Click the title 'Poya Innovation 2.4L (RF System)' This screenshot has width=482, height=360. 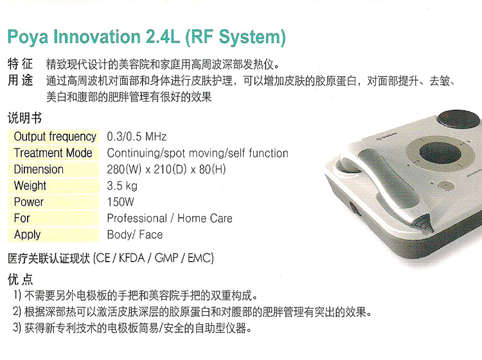click(x=147, y=37)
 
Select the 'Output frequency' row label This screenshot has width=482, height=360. click(x=55, y=136)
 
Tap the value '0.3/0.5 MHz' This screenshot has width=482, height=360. click(x=136, y=136)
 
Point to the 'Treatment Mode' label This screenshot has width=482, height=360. click(x=53, y=153)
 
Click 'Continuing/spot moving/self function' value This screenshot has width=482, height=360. click(x=198, y=153)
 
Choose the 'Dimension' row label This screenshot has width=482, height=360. click(x=39, y=170)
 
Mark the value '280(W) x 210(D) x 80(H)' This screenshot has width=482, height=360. click(x=166, y=170)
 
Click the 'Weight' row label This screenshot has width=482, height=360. click(x=30, y=186)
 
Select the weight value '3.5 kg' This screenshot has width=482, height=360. click(x=122, y=186)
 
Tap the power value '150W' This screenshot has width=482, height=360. click(x=121, y=202)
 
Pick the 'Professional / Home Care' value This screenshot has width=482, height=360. click(x=170, y=219)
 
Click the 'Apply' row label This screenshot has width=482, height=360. click(x=28, y=235)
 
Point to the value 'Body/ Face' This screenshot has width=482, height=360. click(x=135, y=235)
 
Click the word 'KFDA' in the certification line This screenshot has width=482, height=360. click(x=132, y=258)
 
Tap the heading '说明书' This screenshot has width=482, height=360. click(x=24, y=118)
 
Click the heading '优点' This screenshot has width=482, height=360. click(x=21, y=280)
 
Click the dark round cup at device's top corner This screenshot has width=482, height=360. click(x=459, y=119)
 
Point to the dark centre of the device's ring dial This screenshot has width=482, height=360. click(x=440, y=153)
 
